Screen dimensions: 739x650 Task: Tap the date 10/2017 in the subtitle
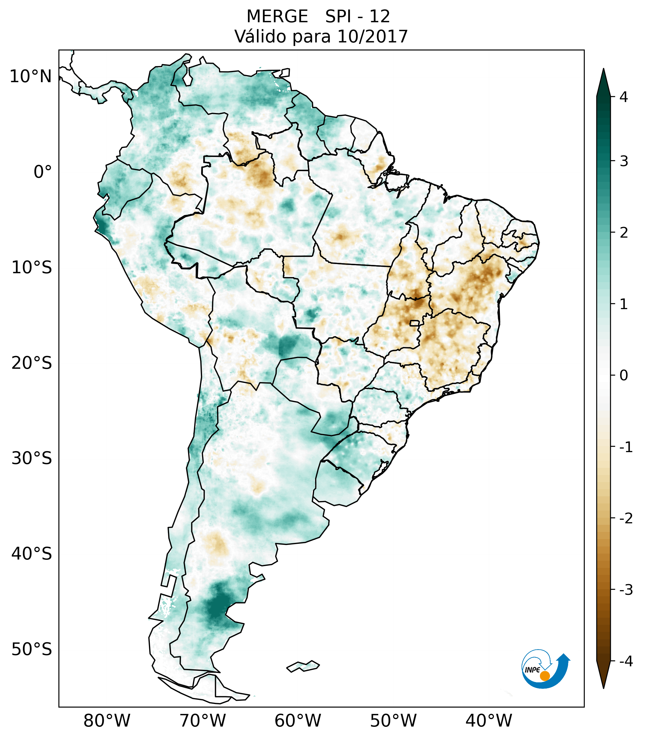point(372,36)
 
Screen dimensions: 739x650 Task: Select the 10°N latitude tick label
point(31,76)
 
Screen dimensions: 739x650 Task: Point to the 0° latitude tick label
point(43,172)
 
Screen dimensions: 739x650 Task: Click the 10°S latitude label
point(32,268)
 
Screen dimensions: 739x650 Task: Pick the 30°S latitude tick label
point(32,458)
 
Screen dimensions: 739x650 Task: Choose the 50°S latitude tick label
point(32,649)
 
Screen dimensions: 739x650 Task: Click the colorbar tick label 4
point(624,97)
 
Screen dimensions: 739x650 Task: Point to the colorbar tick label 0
point(624,375)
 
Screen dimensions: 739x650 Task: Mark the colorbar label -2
point(626,518)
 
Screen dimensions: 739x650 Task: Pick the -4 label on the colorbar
point(626,661)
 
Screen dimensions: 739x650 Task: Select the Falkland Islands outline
point(303,666)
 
